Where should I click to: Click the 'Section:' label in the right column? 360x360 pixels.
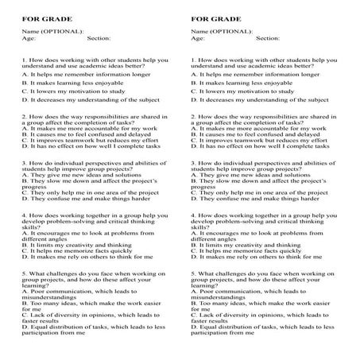coord(268,37)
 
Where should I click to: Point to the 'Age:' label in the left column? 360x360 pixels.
coord(29,37)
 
